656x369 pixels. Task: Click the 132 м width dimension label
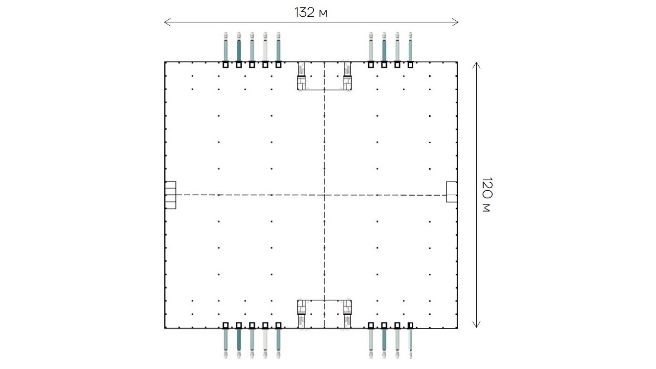pyautogui.click(x=311, y=12)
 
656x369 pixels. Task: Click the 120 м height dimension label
pyautogui.click(x=487, y=195)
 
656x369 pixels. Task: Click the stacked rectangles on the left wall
pyautogui.click(x=170, y=195)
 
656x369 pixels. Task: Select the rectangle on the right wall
pyautogui.click(x=451, y=192)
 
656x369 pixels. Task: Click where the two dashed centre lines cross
pyautogui.click(x=324, y=195)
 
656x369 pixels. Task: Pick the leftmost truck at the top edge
pyautogui.click(x=225, y=47)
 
